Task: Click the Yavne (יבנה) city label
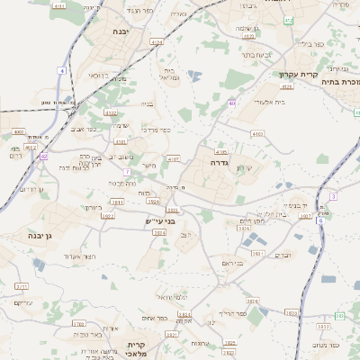point(119,31)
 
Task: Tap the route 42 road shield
point(43,156)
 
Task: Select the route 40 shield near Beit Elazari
point(232,104)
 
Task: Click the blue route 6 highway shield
point(319,219)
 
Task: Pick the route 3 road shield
point(333,196)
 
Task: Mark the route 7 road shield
point(128,170)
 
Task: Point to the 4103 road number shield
point(257,133)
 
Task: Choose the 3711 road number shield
point(21,286)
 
